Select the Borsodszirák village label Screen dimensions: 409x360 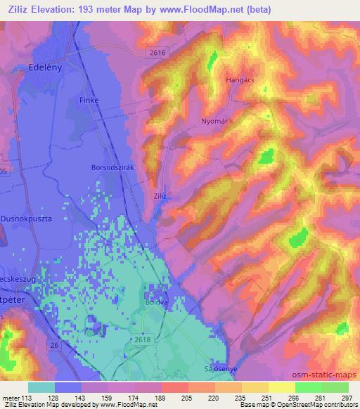pyautogui.click(x=112, y=167)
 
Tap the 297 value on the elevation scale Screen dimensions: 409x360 pyautogui.click(x=346, y=397)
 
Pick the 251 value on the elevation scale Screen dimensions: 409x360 pyautogui.click(x=257, y=397)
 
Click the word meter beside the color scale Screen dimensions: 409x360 pyautogui.click(x=11, y=397)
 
